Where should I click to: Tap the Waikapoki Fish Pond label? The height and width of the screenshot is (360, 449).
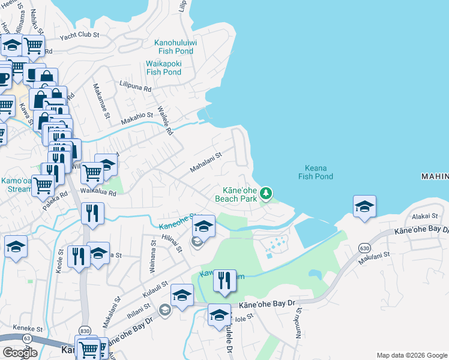(x=163, y=68)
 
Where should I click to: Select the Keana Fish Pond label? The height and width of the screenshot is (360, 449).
(x=315, y=172)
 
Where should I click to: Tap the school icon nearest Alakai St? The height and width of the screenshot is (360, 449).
(x=364, y=206)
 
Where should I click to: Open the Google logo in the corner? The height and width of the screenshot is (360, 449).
(x=20, y=353)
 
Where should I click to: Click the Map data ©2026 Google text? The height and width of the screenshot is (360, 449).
(x=411, y=355)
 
